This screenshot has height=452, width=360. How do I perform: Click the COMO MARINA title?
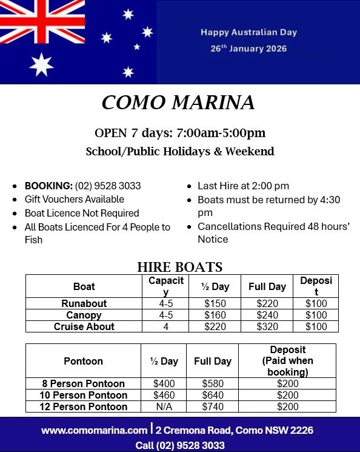point(178,103)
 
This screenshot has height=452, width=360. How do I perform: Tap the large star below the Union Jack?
point(41,64)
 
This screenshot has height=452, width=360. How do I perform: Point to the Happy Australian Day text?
point(248,32)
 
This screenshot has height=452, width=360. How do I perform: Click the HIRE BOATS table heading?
point(180,267)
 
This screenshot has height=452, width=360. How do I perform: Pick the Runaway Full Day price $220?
point(267,303)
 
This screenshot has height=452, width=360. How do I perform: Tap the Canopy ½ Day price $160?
point(215,315)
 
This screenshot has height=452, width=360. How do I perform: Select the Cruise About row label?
point(84,326)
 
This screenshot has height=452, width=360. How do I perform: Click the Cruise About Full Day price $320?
point(267,326)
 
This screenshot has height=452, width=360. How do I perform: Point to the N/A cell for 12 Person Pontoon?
point(164,406)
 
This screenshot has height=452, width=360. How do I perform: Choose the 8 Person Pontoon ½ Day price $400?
point(164,383)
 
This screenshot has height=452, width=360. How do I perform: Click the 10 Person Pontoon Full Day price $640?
point(212,395)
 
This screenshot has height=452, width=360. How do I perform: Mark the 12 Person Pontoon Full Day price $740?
point(212,406)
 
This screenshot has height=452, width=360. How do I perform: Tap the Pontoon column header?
point(83,361)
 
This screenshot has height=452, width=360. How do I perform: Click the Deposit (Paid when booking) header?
point(287,361)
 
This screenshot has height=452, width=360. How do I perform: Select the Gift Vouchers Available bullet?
point(74,199)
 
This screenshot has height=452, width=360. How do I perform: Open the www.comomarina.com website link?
point(95,431)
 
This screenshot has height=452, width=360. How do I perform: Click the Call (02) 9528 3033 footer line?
point(180,445)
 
